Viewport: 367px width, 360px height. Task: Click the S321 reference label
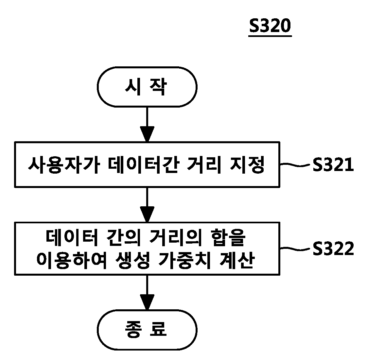point(333,164)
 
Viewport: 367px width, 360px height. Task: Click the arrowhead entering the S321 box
point(147,134)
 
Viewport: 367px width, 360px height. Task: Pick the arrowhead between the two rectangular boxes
point(147,214)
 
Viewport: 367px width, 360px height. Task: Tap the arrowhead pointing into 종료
point(147,302)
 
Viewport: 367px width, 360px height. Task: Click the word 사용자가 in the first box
point(64,165)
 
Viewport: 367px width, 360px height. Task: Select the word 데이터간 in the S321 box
point(144,165)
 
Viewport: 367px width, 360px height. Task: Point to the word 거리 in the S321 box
point(204,165)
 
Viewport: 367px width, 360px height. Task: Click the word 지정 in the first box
point(247,165)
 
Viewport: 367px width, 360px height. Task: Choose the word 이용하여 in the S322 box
point(72,260)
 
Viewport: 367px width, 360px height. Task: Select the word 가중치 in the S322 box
point(184,260)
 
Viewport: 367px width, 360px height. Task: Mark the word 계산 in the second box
point(237,260)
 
